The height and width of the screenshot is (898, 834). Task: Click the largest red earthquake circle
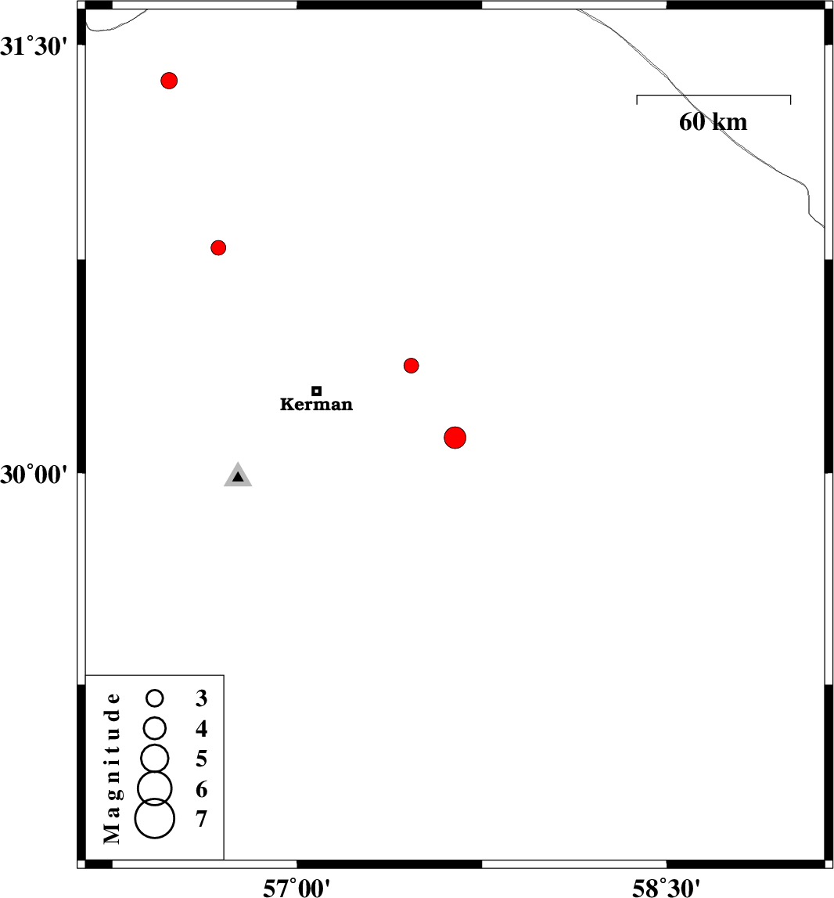coord(455,438)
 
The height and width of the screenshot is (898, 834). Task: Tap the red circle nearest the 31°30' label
coord(169,81)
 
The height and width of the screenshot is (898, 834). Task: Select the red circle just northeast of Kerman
coord(411,366)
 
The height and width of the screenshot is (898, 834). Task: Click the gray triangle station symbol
coord(238,474)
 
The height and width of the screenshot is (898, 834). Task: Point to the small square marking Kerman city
coord(317,391)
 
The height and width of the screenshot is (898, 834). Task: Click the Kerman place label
coord(316,404)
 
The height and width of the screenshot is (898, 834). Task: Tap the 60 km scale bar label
coord(714,122)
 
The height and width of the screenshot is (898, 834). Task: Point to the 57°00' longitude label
coord(297,888)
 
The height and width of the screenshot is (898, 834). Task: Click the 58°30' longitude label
coord(667,888)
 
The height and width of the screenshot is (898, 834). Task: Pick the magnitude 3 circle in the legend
coord(155,698)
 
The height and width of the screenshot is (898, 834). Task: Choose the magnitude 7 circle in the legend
coord(155,819)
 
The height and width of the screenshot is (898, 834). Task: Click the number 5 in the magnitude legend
coord(202,759)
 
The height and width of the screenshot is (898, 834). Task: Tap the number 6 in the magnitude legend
coord(202,790)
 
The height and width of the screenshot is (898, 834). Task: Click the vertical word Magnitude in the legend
coord(112,768)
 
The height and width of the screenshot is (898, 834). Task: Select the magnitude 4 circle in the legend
coord(155,728)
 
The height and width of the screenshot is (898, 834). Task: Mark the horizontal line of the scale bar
coord(714,95)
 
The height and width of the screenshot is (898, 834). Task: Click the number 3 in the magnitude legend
coord(202,698)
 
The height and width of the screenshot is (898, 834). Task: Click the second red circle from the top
coord(218,248)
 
